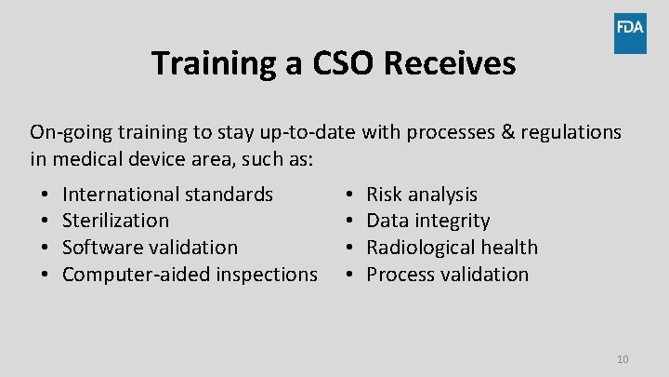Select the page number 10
[x=623, y=359]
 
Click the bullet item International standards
[x=167, y=195]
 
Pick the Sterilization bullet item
[x=115, y=221]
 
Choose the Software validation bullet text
[x=150, y=248]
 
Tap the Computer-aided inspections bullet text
[x=190, y=275]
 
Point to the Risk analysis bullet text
[x=422, y=195]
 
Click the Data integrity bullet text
[x=427, y=221]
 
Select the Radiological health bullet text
[x=452, y=248]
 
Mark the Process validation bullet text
[x=447, y=275]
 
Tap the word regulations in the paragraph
[x=571, y=133]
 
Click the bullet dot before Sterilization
[x=45, y=222]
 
